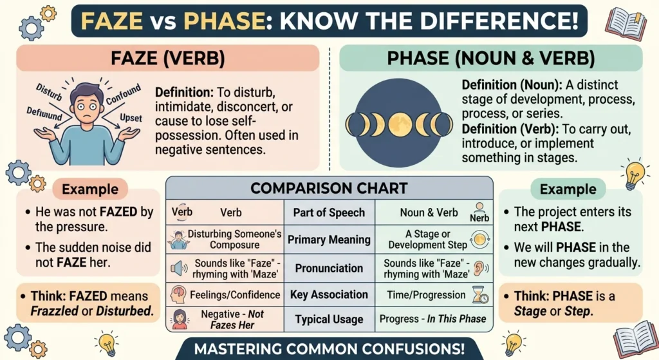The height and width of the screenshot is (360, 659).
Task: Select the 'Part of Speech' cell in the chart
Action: [x=329, y=213]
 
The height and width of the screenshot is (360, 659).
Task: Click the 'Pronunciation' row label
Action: [x=329, y=268]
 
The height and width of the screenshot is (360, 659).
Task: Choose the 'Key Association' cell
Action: [x=329, y=294]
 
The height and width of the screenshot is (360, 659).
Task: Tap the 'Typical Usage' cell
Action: [x=329, y=319]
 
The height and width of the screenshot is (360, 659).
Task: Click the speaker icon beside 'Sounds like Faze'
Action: [x=178, y=267]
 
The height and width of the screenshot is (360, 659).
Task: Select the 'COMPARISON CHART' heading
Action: [x=329, y=189]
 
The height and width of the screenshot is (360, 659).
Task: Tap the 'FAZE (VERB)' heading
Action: [x=168, y=59]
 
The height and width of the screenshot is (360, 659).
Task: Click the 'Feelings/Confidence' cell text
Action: [x=235, y=295]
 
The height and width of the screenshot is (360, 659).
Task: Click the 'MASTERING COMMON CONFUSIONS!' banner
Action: [x=329, y=348]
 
